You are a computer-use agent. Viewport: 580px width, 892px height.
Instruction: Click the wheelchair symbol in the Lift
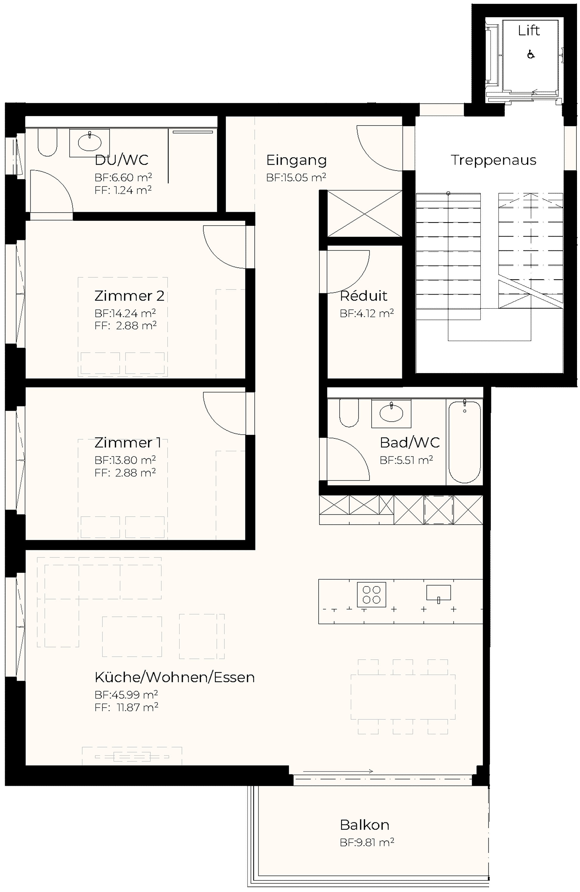click(531, 54)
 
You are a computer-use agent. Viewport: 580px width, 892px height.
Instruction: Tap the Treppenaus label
click(493, 160)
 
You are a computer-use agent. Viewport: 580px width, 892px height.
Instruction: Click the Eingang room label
click(297, 160)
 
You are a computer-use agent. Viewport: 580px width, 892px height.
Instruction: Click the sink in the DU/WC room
click(90, 142)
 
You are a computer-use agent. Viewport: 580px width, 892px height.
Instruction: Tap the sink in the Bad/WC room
click(391, 413)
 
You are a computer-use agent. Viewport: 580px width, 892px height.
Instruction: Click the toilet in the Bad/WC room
click(349, 413)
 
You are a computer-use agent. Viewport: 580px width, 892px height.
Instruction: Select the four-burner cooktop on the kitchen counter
click(371, 594)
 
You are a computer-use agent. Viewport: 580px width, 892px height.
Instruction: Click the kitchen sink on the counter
click(438, 593)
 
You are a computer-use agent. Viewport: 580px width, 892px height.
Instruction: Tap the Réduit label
click(363, 296)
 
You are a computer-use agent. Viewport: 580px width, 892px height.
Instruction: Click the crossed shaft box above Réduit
click(365, 213)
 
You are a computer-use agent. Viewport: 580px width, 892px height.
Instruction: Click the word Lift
click(529, 30)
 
